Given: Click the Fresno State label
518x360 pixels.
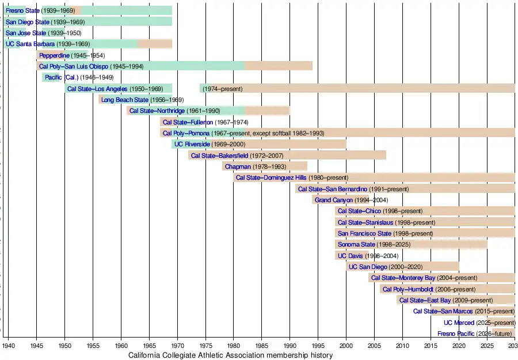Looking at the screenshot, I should pyautogui.click(x=22, y=10).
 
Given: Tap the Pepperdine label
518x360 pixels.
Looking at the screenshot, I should pyautogui.click(x=54, y=55).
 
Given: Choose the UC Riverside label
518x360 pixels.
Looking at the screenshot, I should pyautogui.click(x=192, y=144).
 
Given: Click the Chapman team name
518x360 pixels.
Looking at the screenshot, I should pyautogui.click(x=238, y=166).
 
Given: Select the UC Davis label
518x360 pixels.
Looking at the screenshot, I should pyautogui.click(x=349, y=256).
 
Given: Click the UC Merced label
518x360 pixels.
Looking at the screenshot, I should pyautogui.click(x=459, y=323).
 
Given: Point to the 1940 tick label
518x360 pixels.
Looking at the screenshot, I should pyautogui.click(x=9, y=346).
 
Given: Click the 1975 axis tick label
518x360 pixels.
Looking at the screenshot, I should pyautogui.click(x=205, y=346).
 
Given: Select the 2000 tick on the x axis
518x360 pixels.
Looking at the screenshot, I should pyautogui.click(x=346, y=346).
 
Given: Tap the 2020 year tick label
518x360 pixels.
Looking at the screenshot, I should pyautogui.click(x=459, y=346).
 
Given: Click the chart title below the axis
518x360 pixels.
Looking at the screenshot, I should pyautogui.click(x=230, y=355).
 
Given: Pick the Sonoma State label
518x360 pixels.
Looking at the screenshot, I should pyautogui.click(x=356, y=245).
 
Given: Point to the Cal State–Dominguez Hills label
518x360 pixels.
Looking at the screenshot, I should pyautogui.click(x=271, y=177).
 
